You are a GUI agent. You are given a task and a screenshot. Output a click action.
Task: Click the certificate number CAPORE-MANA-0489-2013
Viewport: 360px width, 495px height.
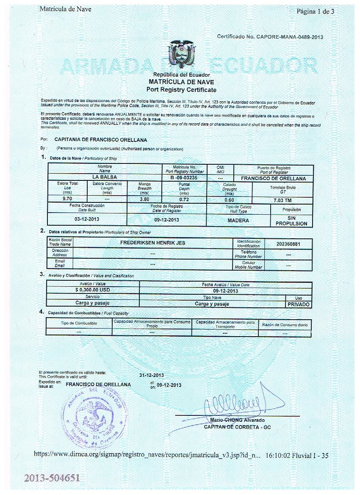(289, 37)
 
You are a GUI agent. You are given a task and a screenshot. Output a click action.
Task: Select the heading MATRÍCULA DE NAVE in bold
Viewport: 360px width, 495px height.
(181, 82)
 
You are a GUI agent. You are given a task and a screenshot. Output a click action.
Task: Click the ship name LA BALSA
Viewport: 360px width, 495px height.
(105, 177)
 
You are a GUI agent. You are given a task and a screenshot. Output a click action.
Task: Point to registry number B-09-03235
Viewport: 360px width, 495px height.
(184, 178)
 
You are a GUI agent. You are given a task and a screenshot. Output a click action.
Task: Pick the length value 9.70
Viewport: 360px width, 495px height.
(67, 198)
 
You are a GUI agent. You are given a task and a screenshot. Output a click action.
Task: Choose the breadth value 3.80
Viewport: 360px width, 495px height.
(144, 199)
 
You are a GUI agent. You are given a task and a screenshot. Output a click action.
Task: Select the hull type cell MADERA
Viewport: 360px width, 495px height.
(238, 220)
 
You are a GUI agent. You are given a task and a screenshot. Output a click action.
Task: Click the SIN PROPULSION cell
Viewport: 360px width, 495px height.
(291, 220)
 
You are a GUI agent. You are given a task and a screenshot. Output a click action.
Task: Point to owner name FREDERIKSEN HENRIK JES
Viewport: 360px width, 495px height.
(153, 243)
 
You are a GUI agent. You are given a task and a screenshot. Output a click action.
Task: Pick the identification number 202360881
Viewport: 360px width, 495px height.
(288, 244)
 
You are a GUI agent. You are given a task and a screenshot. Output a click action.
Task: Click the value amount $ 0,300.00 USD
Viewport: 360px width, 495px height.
(93, 290)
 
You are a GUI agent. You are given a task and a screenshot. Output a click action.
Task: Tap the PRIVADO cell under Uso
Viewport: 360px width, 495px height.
(299, 304)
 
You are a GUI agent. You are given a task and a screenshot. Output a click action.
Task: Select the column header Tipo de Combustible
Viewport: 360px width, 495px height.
(79, 324)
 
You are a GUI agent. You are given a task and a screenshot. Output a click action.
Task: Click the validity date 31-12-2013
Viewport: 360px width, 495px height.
(152, 375)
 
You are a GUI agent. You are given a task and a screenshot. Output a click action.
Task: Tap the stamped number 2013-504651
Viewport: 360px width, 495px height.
(52, 478)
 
